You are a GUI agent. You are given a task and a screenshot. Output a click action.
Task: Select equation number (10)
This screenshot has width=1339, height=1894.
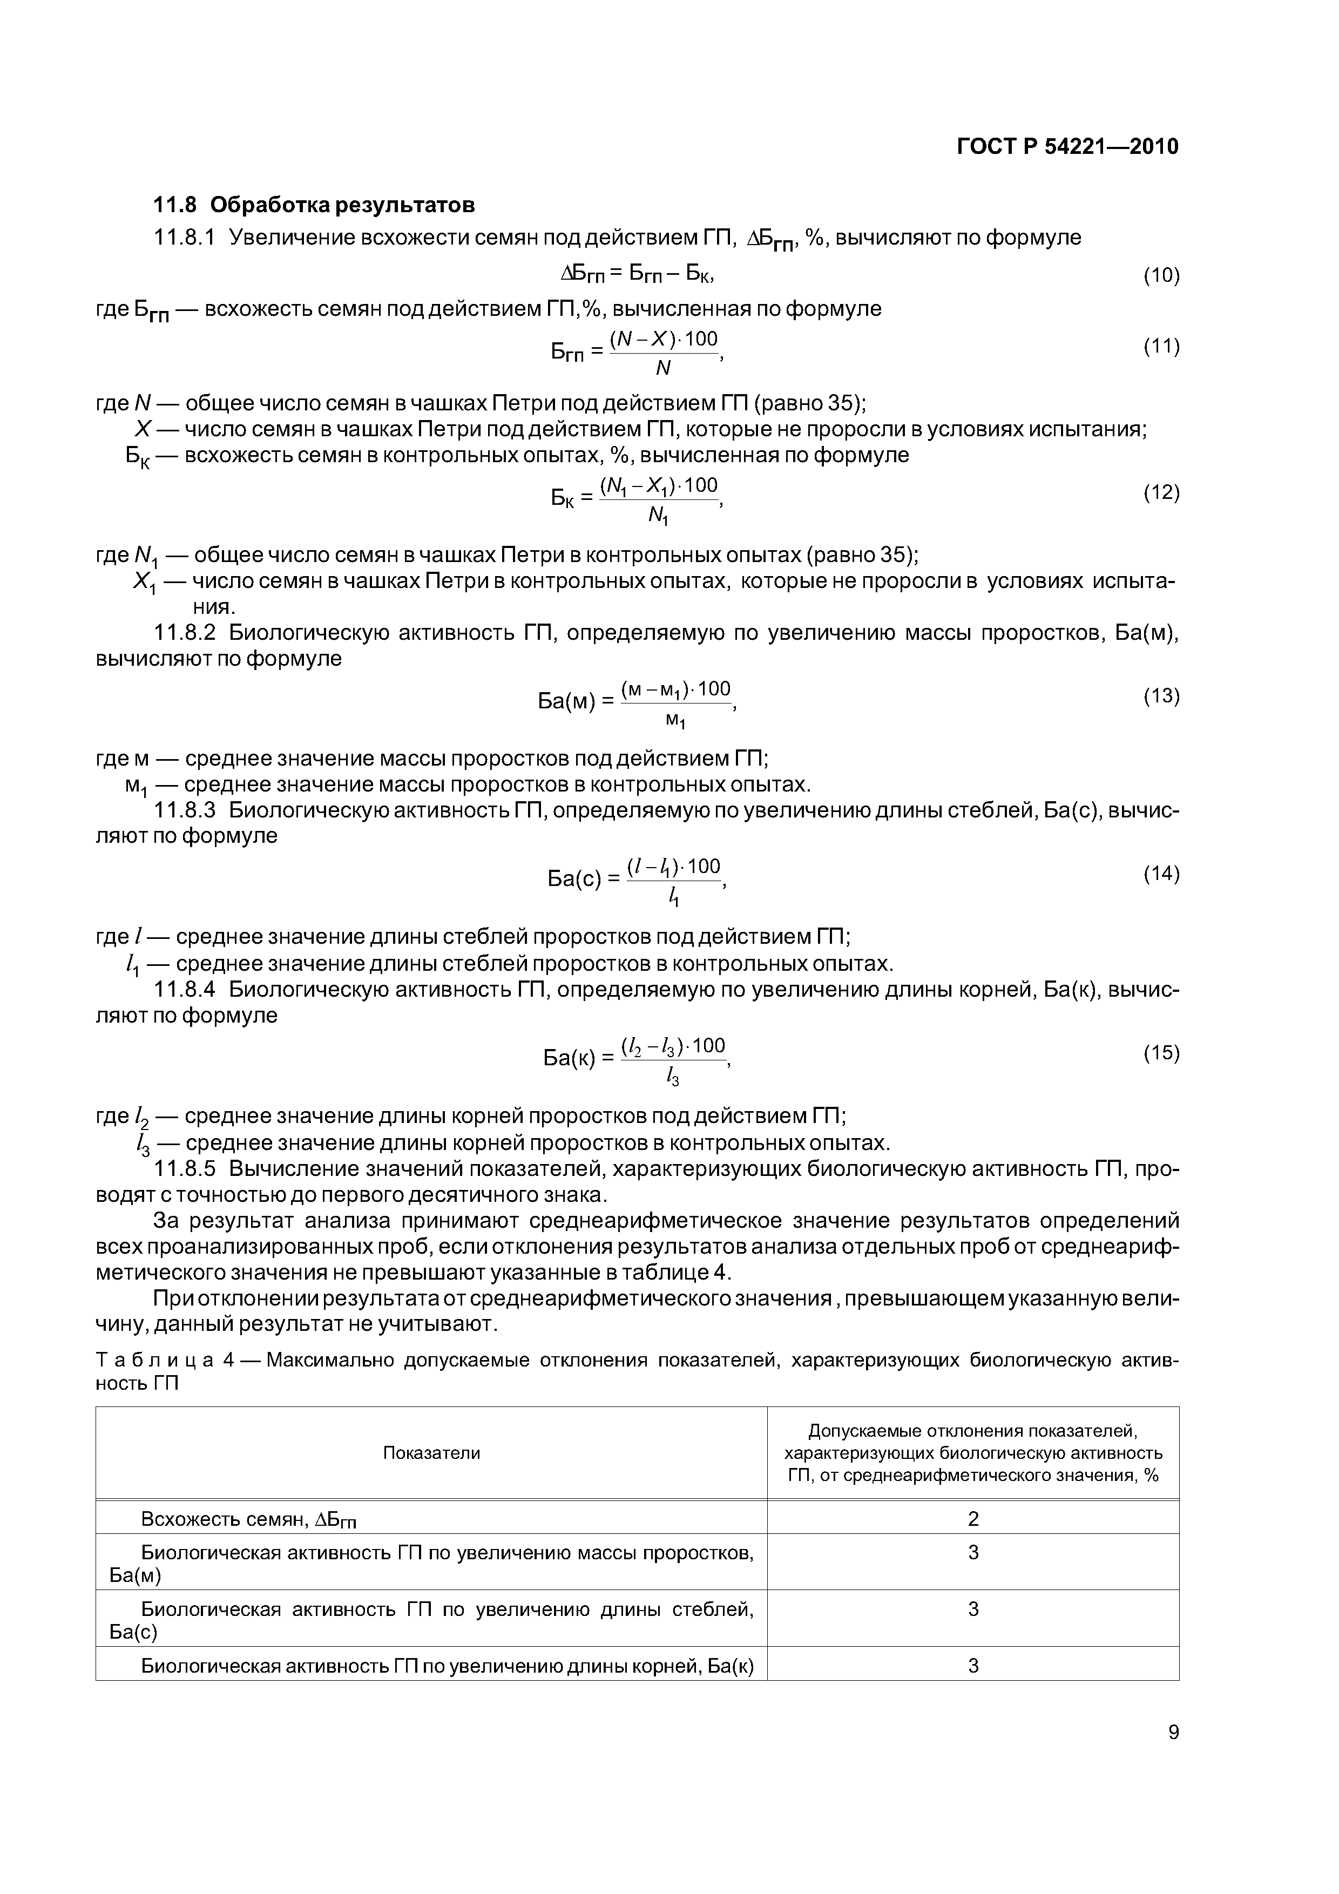click(x=1161, y=275)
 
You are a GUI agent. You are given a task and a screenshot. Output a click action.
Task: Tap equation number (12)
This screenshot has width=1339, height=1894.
click(x=1161, y=493)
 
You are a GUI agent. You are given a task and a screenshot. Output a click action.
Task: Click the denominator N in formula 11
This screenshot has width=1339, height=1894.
click(x=662, y=369)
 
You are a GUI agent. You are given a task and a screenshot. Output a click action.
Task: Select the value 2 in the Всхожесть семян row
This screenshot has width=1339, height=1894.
click(x=973, y=1519)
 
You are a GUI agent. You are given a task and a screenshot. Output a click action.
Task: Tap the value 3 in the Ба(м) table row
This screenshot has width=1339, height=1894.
click(x=973, y=1552)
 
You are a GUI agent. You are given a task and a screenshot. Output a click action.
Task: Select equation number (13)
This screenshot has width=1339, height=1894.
click(x=1161, y=696)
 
